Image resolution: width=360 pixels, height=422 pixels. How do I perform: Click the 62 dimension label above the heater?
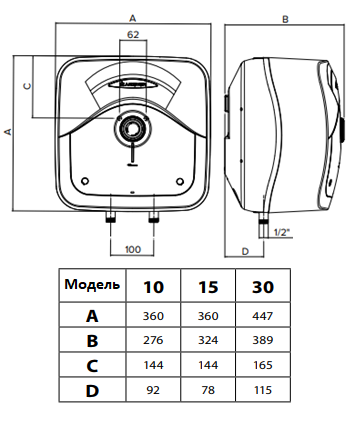click(x=133, y=34)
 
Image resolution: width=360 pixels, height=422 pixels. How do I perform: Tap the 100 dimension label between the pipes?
click(x=133, y=249)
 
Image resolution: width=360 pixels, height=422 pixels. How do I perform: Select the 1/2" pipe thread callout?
click(x=283, y=232)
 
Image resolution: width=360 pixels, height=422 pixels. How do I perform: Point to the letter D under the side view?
click(x=245, y=251)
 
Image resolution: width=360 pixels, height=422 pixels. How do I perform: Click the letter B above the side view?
click(x=285, y=20)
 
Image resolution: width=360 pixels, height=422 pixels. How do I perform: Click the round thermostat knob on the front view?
click(x=133, y=128)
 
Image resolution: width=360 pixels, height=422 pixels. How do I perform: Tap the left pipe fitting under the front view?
click(x=111, y=218)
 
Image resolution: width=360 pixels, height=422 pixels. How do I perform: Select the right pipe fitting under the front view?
click(x=154, y=218)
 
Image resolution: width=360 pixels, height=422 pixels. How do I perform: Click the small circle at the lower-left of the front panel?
click(x=85, y=181)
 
